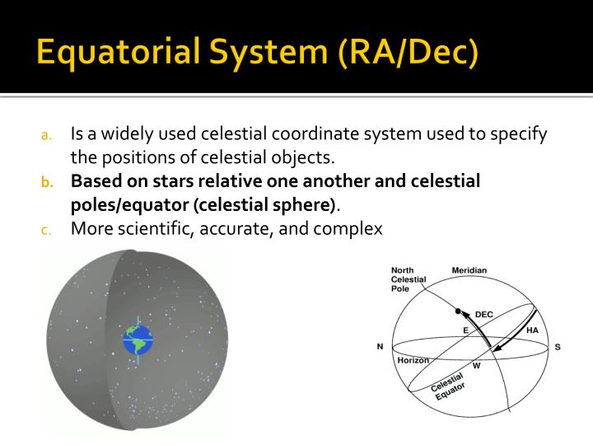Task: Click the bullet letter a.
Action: click(x=47, y=135)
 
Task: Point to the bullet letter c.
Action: click(x=47, y=230)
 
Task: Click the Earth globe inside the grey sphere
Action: click(x=138, y=340)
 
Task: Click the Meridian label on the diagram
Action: click(x=469, y=270)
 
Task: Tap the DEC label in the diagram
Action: click(x=483, y=315)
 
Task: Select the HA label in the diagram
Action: click(x=531, y=330)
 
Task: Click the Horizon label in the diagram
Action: click(x=413, y=360)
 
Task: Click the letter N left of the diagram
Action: click(x=380, y=347)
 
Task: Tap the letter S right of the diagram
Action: click(x=558, y=347)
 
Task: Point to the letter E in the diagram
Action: click(x=465, y=330)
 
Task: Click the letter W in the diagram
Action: click(x=475, y=365)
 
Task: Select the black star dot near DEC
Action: click(x=457, y=311)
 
